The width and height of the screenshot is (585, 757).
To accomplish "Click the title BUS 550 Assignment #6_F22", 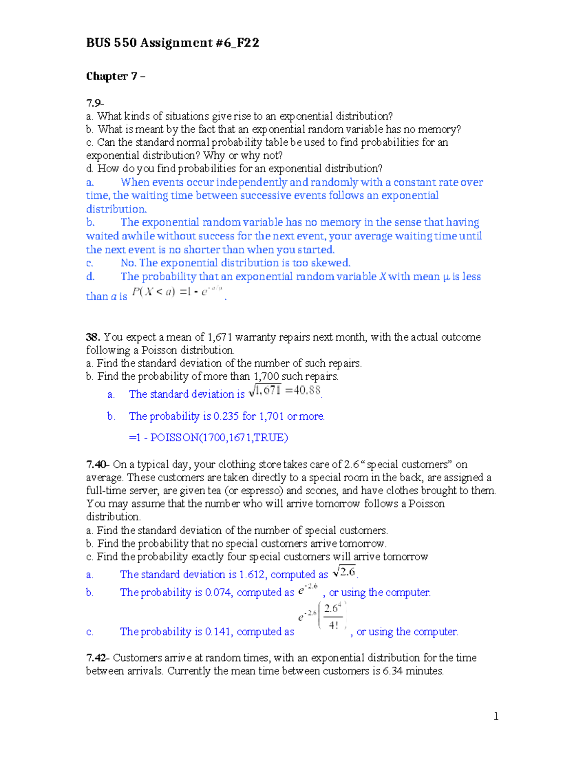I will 172,43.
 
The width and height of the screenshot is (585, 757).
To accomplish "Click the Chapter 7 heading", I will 115,77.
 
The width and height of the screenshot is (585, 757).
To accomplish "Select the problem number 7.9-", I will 95,103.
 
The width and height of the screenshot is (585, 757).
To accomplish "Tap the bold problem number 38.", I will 93,337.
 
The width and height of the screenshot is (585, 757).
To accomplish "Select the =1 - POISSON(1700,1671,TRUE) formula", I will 208,438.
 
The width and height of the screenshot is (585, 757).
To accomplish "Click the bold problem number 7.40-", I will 97,465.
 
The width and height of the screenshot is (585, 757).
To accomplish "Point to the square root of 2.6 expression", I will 344,572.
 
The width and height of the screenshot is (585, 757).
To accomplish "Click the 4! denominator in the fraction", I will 333,625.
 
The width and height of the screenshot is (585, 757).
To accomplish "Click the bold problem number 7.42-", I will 97,658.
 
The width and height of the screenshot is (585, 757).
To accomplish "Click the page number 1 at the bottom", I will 496,717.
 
